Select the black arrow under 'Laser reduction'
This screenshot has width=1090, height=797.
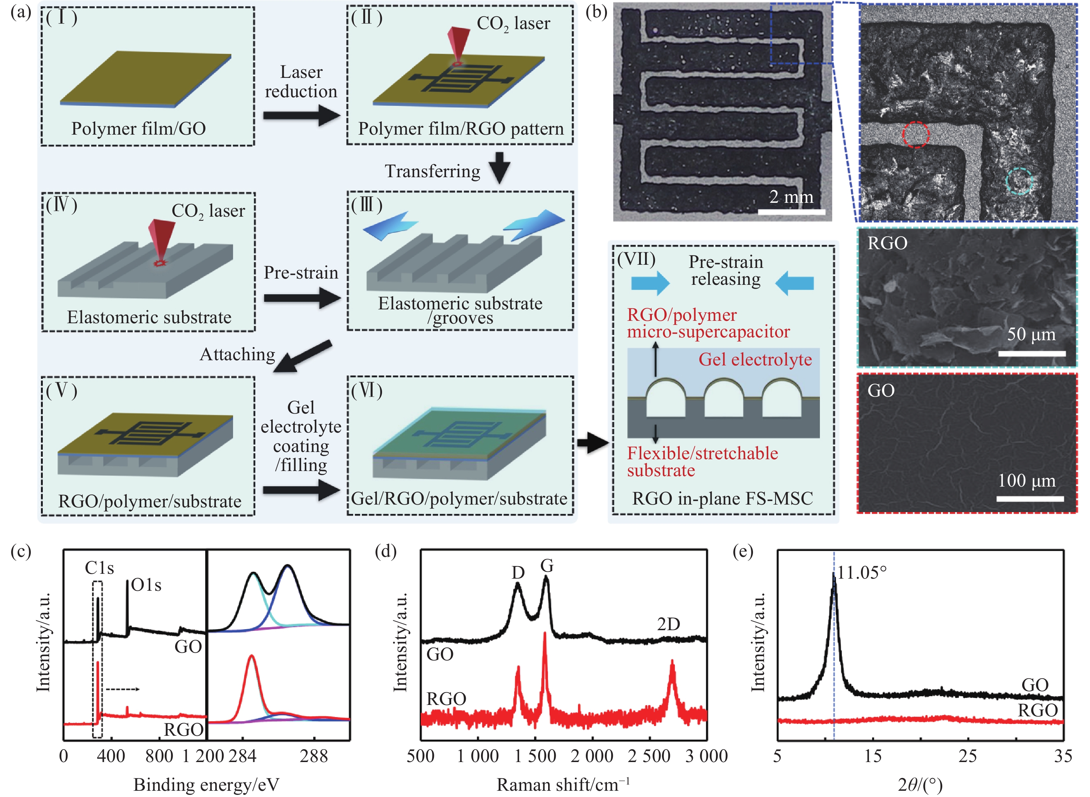[301, 116]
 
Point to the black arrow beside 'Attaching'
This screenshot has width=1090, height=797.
[303, 356]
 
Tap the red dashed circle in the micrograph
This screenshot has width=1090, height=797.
[915, 134]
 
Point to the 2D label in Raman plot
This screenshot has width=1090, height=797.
[669, 624]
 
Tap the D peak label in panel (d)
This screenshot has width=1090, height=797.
[518, 573]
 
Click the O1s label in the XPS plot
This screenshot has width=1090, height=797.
[147, 585]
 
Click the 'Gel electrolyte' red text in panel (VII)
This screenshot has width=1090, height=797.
[755, 360]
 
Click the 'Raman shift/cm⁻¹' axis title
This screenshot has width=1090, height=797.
[563, 784]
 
